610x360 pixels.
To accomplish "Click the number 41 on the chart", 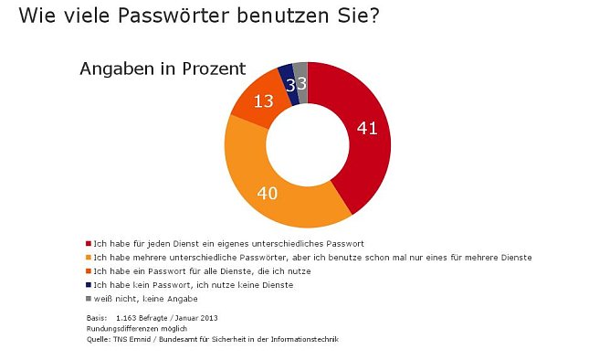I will (x=366, y=128).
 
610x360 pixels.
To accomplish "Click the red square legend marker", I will (x=89, y=244).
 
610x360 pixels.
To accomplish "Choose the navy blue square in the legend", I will (x=89, y=285).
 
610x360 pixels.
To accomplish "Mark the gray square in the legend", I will (x=89, y=299).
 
